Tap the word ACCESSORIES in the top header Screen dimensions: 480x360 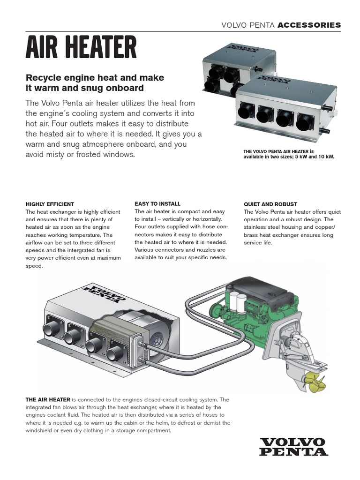click(x=309, y=25)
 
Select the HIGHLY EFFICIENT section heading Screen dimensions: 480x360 click(x=50, y=204)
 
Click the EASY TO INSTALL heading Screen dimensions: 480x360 click(x=157, y=204)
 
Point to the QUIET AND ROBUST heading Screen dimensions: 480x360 click(x=270, y=204)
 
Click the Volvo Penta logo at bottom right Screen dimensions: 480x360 click(x=293, y=446)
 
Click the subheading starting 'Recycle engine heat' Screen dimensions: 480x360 click(x=95, y=82)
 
